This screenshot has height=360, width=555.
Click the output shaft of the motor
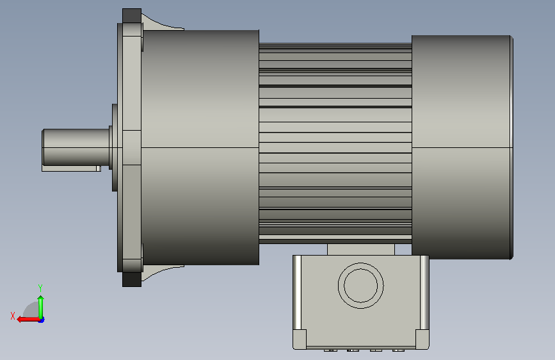point(76,147)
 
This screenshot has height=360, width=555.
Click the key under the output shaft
point(71,168)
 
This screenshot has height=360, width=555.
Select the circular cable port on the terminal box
point(360,286)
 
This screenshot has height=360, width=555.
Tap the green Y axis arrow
point(41,307)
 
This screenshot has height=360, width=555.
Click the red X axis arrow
point(28,320)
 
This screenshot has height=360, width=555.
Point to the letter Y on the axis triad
point(40,288)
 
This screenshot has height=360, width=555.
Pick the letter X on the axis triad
point(13,316)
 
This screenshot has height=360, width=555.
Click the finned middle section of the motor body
point(335,143)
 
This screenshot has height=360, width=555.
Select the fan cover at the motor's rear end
point(462,147)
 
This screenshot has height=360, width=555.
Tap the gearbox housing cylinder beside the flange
point(200,147)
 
